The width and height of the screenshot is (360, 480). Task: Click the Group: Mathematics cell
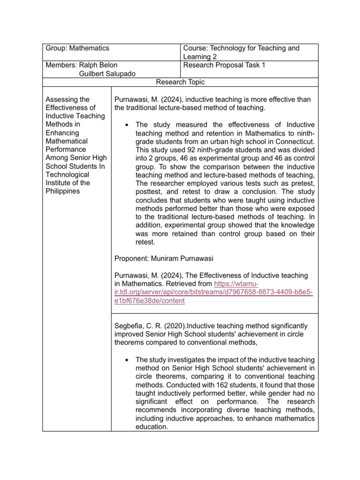77,48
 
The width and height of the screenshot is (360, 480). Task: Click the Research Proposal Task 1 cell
224,65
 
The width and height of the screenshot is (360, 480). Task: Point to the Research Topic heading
180,82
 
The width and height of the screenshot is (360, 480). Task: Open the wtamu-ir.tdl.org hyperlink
213,292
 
